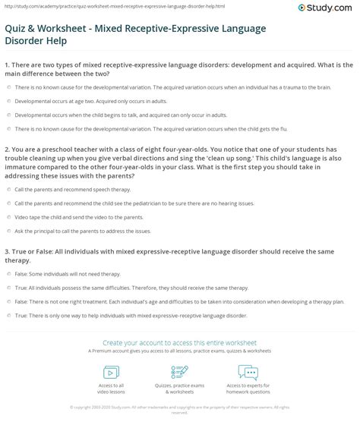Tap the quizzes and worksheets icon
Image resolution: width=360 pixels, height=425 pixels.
pos(179,372)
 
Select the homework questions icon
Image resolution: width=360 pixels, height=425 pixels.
pos(247,372)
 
